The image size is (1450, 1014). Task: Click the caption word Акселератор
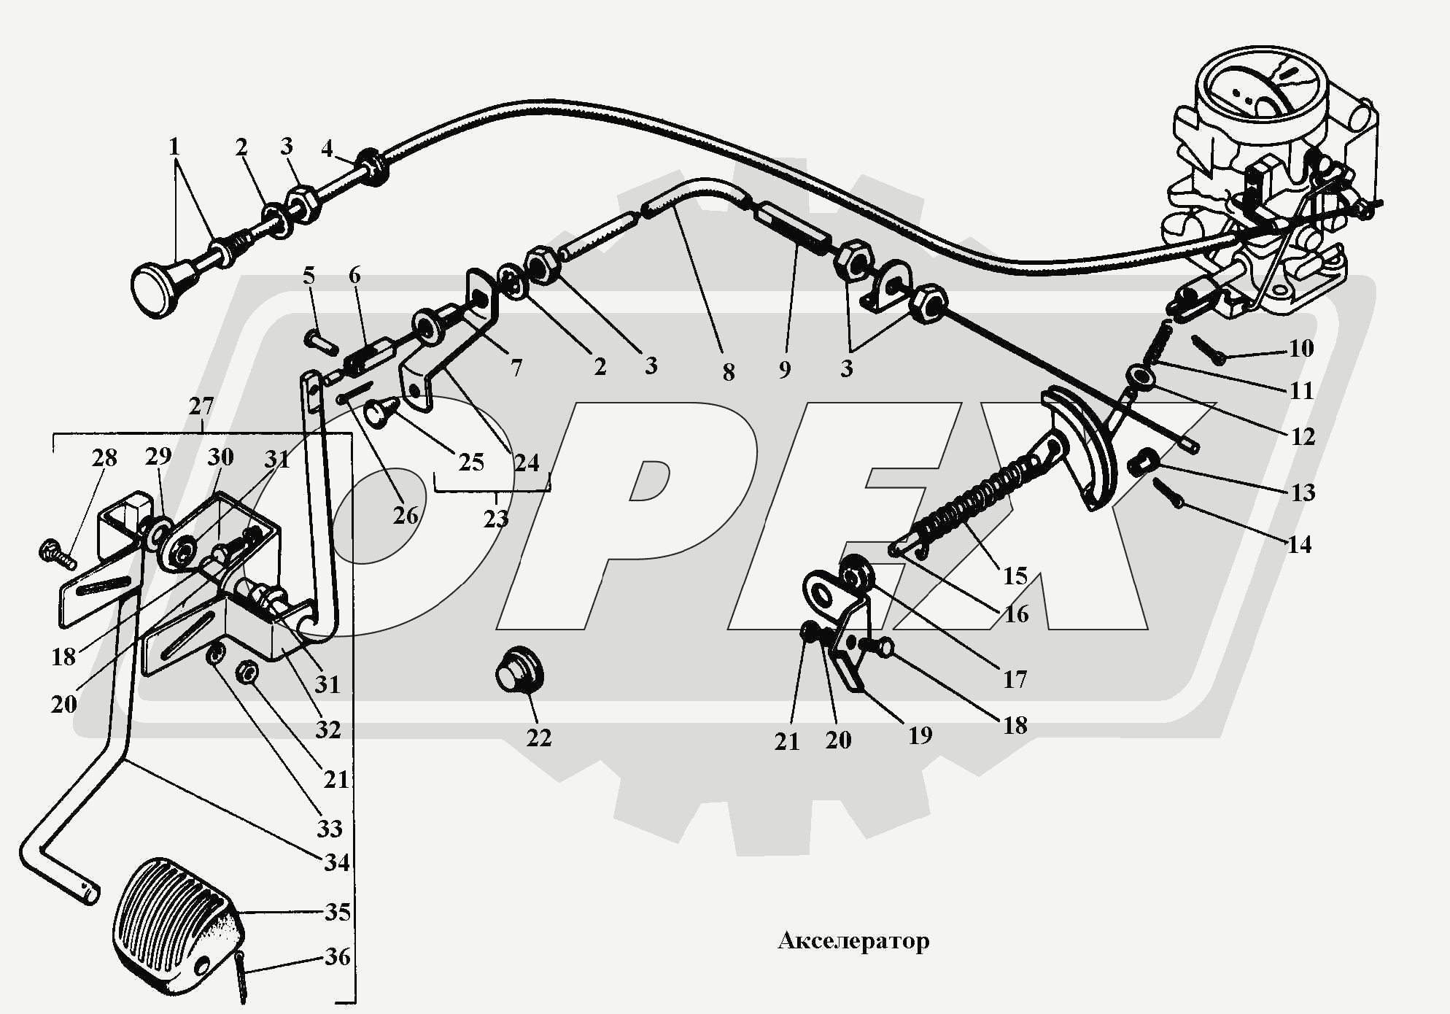tap(853, 940)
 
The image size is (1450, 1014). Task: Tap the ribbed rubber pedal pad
tap(178, 924)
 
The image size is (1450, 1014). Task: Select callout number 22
tap(539, 738)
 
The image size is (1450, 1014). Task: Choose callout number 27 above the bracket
tap(201, 406)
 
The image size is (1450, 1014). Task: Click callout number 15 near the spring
tap(1015, 576)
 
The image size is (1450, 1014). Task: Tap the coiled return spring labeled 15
tap(970, 503)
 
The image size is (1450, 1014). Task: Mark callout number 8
tap(729, 372)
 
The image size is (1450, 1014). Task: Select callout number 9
tap(785, 369)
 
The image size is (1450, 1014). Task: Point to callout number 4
tap(327, 149)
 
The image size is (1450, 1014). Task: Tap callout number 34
tap(337, 862)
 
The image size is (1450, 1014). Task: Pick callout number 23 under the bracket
tap(495, 519)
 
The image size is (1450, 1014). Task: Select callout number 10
tap(1300, 348)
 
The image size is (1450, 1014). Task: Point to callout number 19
tap(920, 735)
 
